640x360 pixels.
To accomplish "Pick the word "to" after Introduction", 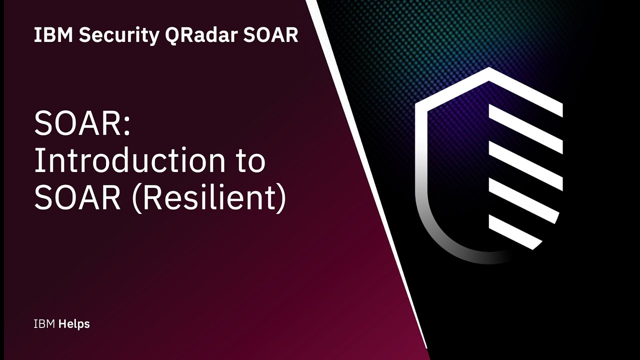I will click(247, 160).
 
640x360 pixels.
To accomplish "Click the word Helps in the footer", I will click(74, 324).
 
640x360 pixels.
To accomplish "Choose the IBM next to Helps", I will click(44, 324).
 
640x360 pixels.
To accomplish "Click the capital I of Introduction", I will click(38, 160).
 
